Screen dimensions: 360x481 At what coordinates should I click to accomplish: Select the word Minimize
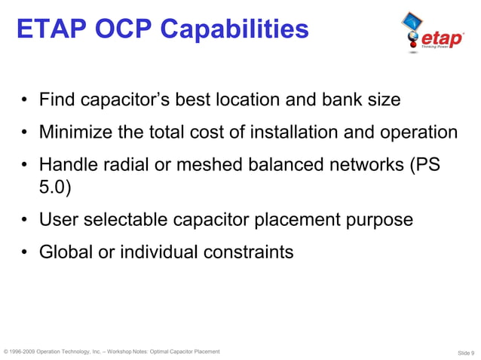(x=79, y=133)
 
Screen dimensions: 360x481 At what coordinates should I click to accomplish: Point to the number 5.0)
(x=55, y=188)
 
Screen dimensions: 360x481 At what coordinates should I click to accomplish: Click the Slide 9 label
(x=466, y=352)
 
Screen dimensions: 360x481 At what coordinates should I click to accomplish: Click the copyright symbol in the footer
(x=6, y=351)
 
